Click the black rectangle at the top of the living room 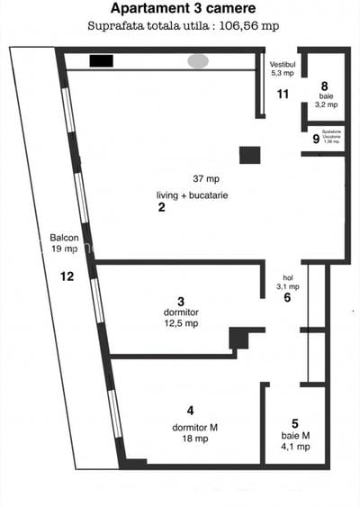tap(101, 61)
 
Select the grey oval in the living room tap(198, 61)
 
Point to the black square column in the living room tap(249, 154)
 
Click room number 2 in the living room tap(161, 208)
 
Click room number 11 tap(283, 94)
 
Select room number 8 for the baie tap(324, 87)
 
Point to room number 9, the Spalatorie tap(316, 139)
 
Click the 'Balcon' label tap(64, 239)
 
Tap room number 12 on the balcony tap(67, 276)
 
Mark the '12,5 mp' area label tap(181, 324)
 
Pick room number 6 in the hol tap(287, 298)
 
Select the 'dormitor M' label tap(191, 427)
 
